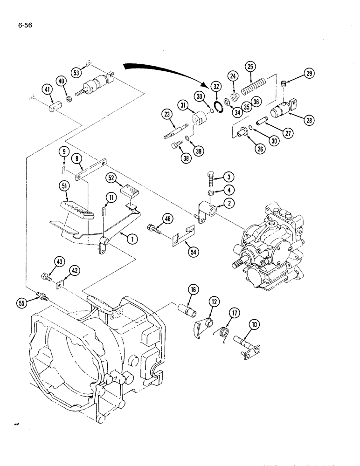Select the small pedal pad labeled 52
(x=130, y=190)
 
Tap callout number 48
(x=167, y=218)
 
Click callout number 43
(x=47, y=263)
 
